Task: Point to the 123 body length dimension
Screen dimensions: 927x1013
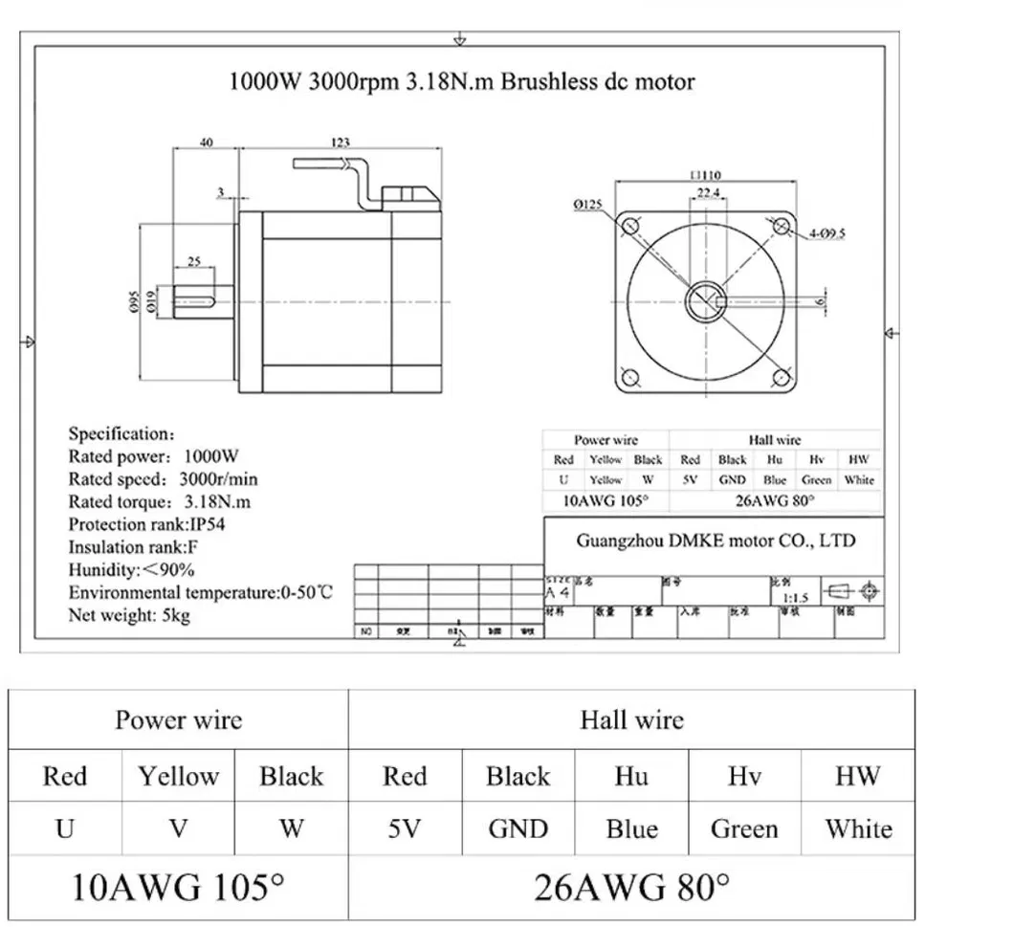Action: (340, 142)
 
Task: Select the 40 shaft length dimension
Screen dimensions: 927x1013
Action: (206, 143)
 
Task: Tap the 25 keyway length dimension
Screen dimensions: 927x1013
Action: (193, 260)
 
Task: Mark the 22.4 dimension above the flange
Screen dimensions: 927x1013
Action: (708, 193)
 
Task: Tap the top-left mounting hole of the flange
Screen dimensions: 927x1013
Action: (630, 226)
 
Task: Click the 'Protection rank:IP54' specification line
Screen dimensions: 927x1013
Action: (146, 524)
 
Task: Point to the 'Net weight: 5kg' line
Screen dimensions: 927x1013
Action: (129, 615)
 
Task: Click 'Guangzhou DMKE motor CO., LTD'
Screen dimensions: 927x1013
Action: (716, 541)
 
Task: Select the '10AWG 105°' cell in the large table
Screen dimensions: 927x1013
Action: (179, 886)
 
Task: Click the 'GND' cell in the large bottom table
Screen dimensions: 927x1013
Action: (518, 828)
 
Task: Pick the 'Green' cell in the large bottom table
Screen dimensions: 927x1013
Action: (744, 828)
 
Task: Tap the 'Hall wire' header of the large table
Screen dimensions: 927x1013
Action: (631, 719)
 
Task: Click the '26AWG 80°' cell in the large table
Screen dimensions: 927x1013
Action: (631, 886)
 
